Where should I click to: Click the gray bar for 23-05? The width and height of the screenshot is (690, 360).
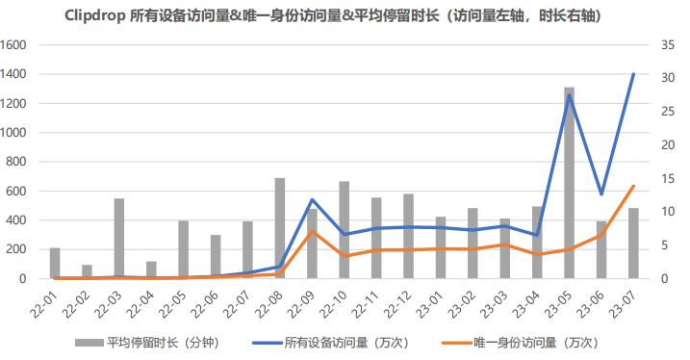coord(569,183)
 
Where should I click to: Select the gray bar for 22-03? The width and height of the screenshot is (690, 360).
coord(118,239)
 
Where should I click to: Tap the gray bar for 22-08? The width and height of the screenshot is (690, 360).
coord(280,228)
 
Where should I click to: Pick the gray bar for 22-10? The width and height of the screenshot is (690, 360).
coord(345,230)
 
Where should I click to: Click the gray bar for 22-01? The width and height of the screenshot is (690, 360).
coord(55,263)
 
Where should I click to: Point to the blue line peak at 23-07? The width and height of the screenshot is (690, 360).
coord(633,74)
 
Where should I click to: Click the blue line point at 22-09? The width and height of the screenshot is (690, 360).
coord(312,200)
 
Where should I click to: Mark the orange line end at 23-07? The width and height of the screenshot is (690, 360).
coord(633,186)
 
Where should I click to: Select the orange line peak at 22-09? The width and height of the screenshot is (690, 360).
coord(312,231)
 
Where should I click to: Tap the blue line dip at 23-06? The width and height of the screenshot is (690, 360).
coord(601,193)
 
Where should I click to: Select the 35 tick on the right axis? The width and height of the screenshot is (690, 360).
coord(668,45)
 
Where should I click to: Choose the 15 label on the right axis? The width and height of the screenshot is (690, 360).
coord(668,179)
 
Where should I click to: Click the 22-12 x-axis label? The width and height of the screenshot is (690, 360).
coord(397,303)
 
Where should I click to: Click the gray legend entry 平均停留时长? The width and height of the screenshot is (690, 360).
coord(147,343)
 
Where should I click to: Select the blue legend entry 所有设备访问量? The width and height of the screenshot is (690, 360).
coord(330,343)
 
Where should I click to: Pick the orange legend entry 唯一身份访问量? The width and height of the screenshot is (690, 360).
coord(521,343)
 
